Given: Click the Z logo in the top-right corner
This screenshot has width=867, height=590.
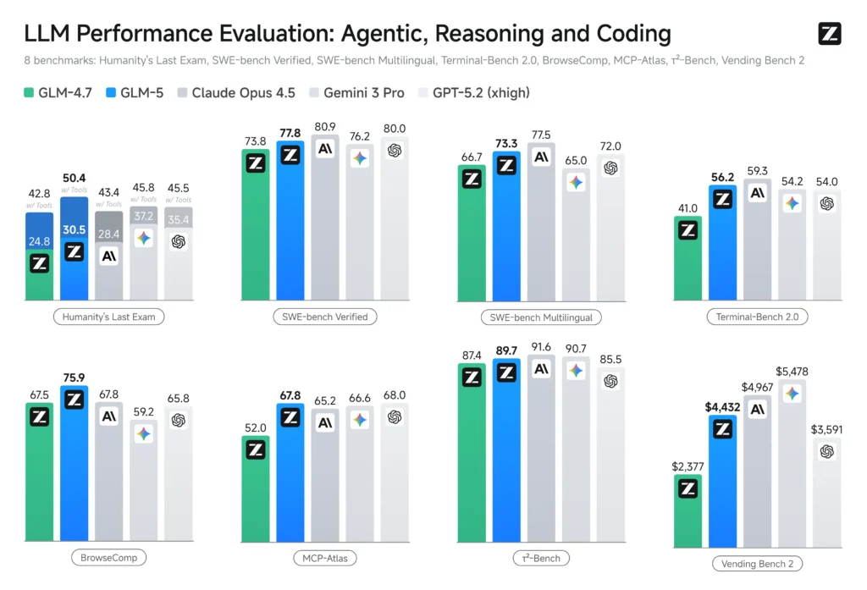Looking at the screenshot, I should [829, 34].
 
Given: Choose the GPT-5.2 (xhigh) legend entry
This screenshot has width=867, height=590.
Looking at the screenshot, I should [473, 92].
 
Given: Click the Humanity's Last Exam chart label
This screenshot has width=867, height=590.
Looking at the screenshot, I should [109, 317].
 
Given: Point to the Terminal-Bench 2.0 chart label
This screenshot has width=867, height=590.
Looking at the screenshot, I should [757, 317].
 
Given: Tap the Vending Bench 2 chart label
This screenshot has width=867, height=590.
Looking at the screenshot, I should [757, 563].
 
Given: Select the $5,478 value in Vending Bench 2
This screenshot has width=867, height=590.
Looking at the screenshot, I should [792, 372].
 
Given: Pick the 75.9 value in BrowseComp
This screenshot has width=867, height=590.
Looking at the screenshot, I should [74, 378].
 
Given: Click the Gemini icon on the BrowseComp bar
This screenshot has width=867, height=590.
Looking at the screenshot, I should [143, 433].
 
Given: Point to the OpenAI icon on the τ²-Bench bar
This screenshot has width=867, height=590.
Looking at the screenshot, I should [610, 382].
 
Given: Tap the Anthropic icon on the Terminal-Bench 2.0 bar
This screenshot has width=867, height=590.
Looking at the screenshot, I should [757, 193].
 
